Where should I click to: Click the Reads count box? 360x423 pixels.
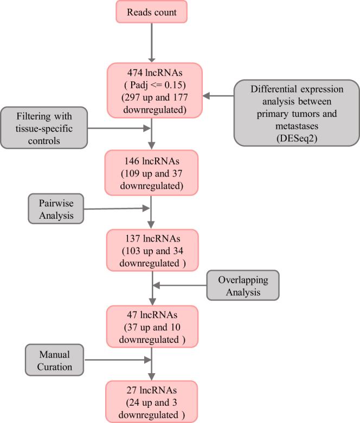pyautogui.click(x=152, y=12)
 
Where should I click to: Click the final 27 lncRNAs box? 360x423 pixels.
pyautogui.click(x=152, y=401)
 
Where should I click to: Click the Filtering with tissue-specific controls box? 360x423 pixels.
pyautogui.click(x=43, y=127)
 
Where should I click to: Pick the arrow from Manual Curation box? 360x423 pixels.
pyautogui.click(x=116, y=359)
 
